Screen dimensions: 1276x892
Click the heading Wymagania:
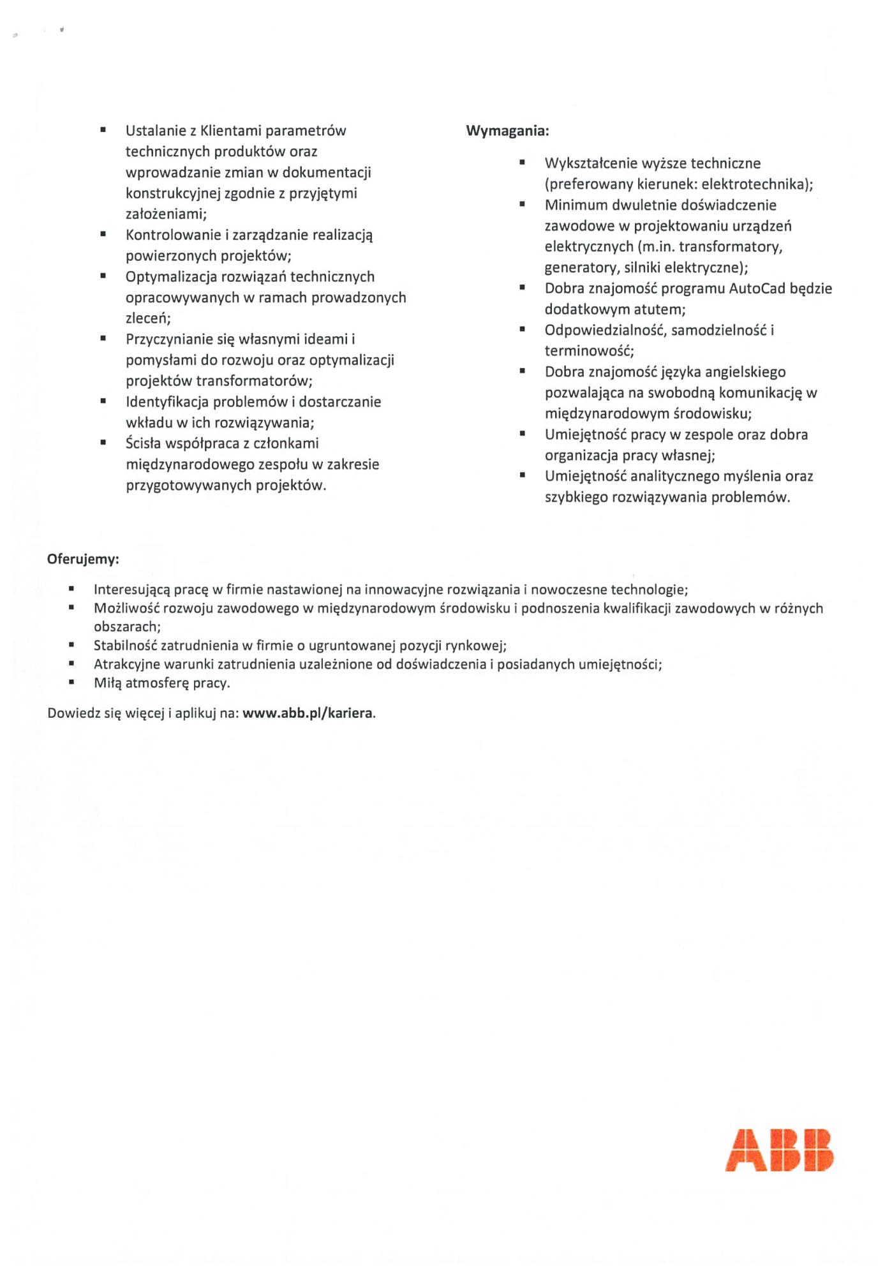(x=507, y=131)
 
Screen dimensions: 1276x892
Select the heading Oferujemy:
(x=83, y=560)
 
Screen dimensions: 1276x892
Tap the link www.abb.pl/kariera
(x=308, y=713)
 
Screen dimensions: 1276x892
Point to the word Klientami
(x=231, y=131)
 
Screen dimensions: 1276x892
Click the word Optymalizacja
(x=170, y=277)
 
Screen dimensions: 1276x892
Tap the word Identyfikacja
(x=167, y=402)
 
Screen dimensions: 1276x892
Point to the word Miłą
(x=108, y=683)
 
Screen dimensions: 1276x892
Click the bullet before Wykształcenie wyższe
(x=522, y=163)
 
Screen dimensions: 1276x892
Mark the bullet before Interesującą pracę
(x=71, y=589)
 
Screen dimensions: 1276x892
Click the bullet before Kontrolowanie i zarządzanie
(x=103, y=234)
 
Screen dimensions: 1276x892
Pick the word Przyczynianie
(x=170, y=339)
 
